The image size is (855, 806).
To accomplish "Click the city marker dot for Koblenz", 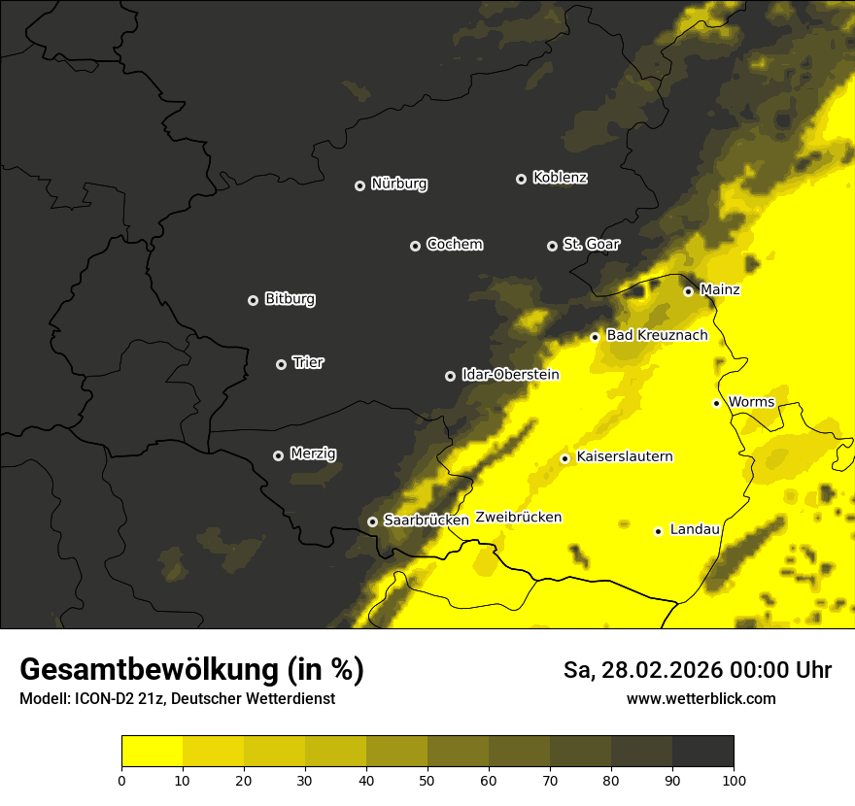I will (521, 179).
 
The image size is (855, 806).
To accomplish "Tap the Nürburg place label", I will (399, 185).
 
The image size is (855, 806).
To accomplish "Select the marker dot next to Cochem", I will (415, 246).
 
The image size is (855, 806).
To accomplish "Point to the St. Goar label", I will (591, 245).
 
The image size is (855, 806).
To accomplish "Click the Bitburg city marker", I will (254, 300).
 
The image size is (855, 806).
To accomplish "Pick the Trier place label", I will (308, 363).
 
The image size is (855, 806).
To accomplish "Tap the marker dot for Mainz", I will (688, 291).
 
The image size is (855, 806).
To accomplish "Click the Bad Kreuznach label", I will (657, 336).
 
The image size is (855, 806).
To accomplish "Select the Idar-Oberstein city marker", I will (450, 376).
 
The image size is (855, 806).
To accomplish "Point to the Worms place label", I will (751, 402).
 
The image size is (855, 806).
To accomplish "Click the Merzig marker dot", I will (278, 455).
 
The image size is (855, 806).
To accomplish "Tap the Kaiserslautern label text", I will (625, 457).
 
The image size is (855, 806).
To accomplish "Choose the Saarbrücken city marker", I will (372, 521).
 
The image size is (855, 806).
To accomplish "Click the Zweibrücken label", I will (519, 518).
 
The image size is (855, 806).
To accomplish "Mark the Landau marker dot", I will (658, 531).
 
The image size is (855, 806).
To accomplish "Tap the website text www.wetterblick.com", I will (701, 699).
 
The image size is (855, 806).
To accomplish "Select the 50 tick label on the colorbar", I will (427, 779).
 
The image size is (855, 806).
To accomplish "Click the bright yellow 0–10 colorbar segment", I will (152, 752).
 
